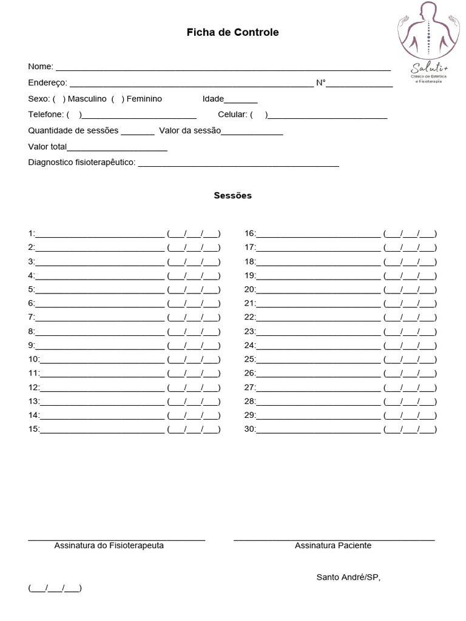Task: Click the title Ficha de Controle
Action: (232, 33)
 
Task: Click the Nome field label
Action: (40, 66)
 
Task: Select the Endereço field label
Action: (47, 83)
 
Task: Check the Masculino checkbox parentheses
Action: (59, 99)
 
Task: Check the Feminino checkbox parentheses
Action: (118, 99)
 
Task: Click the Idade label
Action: (213, 99)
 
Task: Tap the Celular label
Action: (232, 115)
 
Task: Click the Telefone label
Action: (46, 115)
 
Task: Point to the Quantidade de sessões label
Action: (73, 130)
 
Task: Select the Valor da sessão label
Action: (190, 130)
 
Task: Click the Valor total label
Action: (47, 146)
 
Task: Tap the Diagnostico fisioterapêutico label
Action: (82, 163)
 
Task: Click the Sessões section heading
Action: (232, 196)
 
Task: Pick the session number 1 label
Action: (32, 233)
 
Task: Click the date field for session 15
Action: (194, 429)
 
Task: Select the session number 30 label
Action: (250, 429)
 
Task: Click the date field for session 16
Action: (410, 233)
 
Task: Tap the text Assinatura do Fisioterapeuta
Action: (109, 545)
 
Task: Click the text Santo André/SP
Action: (348, 577)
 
